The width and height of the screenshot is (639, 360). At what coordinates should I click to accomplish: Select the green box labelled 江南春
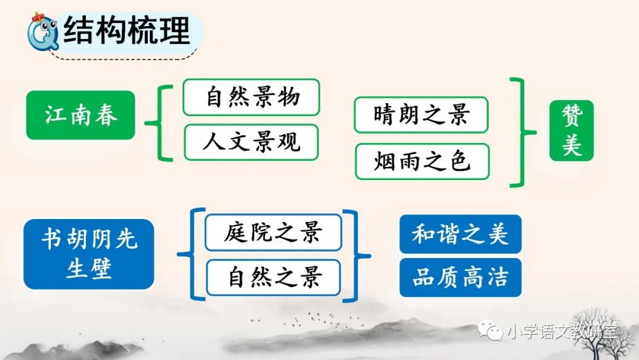point(80,115)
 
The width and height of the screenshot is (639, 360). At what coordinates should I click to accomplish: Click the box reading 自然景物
point(251,97)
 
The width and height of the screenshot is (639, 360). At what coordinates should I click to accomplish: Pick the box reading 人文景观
point(251,142)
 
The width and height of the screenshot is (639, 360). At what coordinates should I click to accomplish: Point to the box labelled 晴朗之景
point(421,115)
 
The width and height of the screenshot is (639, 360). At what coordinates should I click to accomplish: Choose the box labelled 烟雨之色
point(422,161)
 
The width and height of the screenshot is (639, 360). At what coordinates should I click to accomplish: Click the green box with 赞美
point(571,130)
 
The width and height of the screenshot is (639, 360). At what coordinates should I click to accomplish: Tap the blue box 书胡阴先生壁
point(89,254)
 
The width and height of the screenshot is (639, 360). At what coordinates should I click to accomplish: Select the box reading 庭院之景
point(273,232)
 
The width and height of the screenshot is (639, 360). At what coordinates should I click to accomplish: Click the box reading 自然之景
point(273,278)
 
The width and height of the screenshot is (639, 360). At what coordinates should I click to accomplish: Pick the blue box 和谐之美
point(460,234)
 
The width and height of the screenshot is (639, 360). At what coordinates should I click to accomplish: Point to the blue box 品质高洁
point(460,277)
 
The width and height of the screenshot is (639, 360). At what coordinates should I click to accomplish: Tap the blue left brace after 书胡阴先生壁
point(191,255)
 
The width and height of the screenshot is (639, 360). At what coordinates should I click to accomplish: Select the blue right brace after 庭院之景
point(356,255)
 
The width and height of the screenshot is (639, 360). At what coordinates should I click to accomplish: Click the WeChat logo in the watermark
point(491,330)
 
